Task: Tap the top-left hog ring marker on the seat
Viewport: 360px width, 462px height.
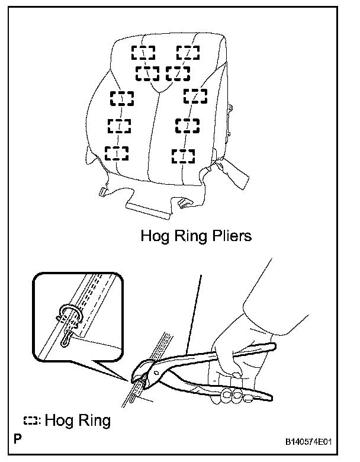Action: pos(143,52)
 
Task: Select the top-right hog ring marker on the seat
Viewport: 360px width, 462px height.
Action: pos(188,52)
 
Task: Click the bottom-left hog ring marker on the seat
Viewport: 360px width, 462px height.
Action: pos(116,152)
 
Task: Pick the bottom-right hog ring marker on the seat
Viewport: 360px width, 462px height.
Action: pos(183,156)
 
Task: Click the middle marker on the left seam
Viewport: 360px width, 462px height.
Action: pos(119,125)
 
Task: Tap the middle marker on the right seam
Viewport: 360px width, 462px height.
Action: pos(187,124)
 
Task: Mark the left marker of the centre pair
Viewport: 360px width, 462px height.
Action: pos(147,73)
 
